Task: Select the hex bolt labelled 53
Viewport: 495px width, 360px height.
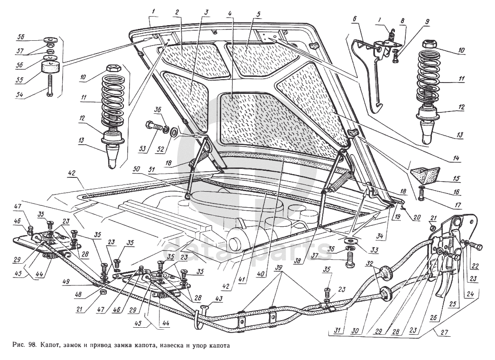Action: click(x=155, y=128)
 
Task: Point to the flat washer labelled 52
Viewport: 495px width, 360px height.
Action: click(x=174, y=132)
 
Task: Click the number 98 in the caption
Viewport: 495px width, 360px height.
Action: click(x=32, y=346)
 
